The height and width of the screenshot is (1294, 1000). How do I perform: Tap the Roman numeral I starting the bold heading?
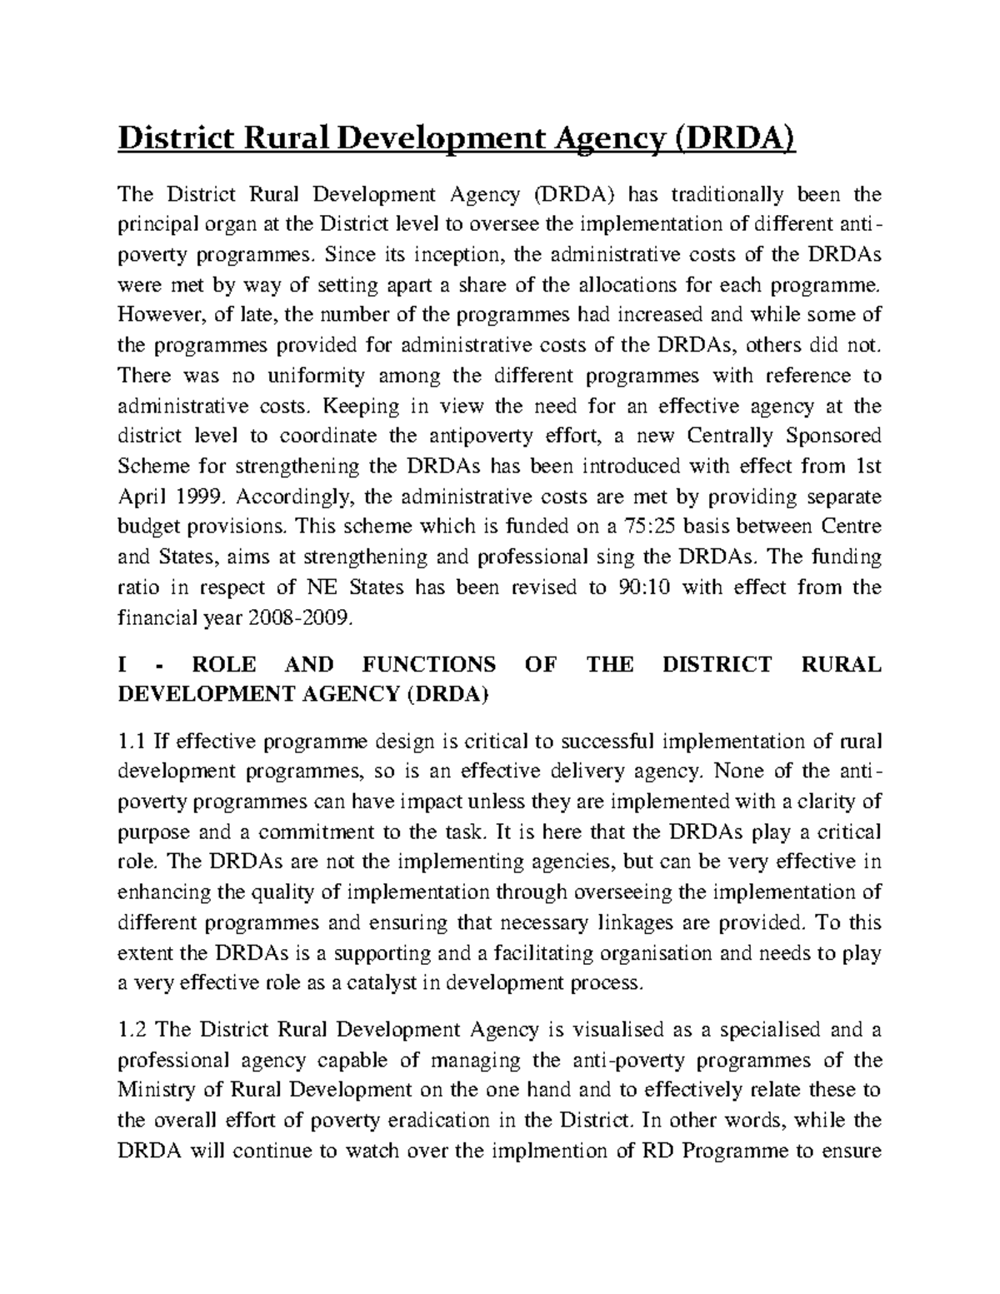[124, 664]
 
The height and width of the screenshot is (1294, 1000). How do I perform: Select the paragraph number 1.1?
[133, 742]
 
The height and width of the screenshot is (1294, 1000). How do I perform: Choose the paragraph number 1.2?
[133, 1030]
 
